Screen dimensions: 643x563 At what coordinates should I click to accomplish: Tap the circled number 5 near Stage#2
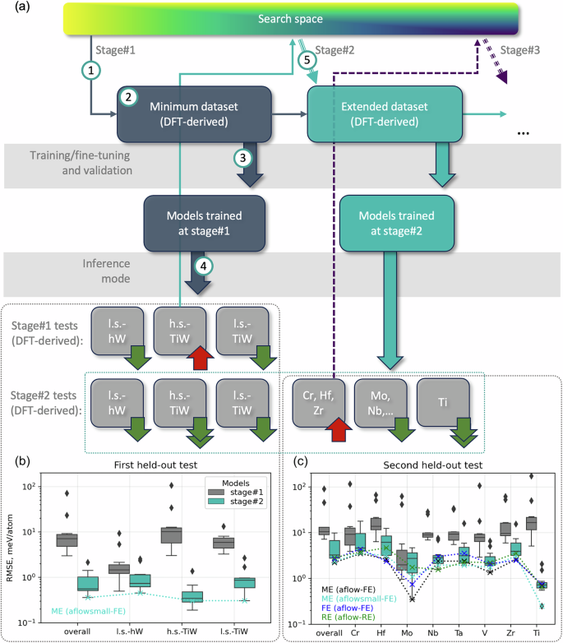(x=306, y=60)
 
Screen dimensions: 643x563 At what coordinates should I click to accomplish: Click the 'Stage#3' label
(x=521, y=50)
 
